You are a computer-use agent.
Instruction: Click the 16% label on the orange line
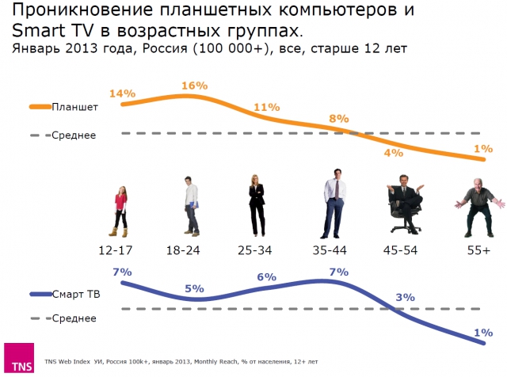pyautogui.click(x=194, y=85)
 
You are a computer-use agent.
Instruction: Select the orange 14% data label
pyautogui.click(x=121, y=93)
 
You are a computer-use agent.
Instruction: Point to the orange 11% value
pyautogui.click(x=266, y=108)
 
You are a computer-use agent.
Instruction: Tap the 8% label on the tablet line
pyautogui.click(x=339, y=119)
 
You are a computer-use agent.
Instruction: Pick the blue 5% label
pyautogui.click(x=194, y=288)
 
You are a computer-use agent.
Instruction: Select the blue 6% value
pyautogui.click(x=266, y=277)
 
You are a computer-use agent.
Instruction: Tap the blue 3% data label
pyautogui.click(x=406, y=297)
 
